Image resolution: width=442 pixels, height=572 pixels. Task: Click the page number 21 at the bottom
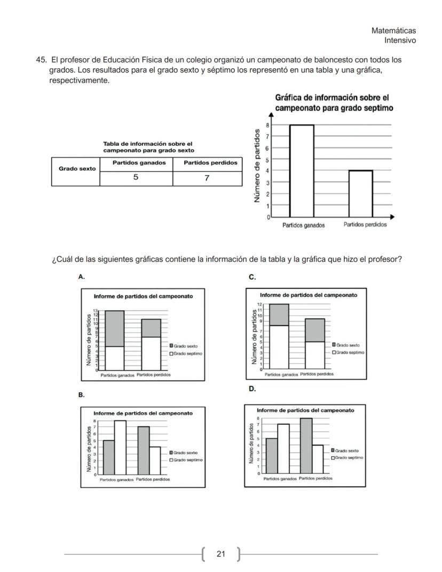pos(221,554)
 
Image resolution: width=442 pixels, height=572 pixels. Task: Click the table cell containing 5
pos(136,178)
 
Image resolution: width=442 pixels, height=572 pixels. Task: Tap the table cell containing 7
pos(207,178)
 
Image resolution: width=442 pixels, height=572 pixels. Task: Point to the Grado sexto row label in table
pos(77,169)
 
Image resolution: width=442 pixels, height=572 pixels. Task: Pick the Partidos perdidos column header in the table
pos(210,163)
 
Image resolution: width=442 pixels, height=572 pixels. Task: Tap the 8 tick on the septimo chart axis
pos(267,125)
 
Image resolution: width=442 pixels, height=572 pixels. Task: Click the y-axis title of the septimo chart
pos(258,166)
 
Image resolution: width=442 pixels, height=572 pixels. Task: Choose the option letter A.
pos(81,277)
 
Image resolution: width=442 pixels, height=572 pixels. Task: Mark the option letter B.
pos(81,395)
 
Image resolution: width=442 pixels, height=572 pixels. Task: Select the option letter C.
pos(252,277)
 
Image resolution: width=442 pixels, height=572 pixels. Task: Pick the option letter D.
pos(252,389)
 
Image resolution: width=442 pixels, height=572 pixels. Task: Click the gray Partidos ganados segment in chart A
pos(114,328)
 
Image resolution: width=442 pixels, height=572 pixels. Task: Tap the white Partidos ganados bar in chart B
pos(120,448)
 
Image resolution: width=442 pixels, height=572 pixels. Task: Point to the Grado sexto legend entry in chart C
pos(346,345)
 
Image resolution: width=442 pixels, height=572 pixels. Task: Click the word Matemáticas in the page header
pos(393,31)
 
